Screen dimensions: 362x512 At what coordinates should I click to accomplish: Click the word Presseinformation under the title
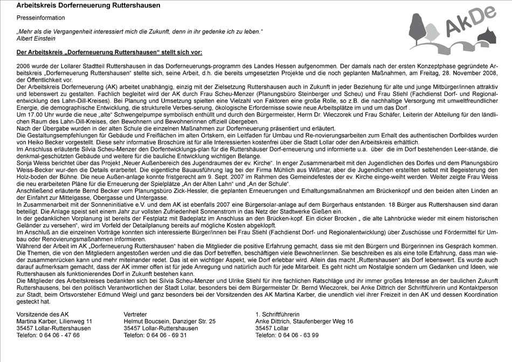pos(40,18)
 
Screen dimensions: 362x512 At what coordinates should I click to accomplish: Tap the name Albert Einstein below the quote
pos(36,39)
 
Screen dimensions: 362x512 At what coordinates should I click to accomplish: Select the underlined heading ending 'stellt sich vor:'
pos(109,52)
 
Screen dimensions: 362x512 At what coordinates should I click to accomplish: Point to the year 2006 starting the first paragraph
pos(24,65)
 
